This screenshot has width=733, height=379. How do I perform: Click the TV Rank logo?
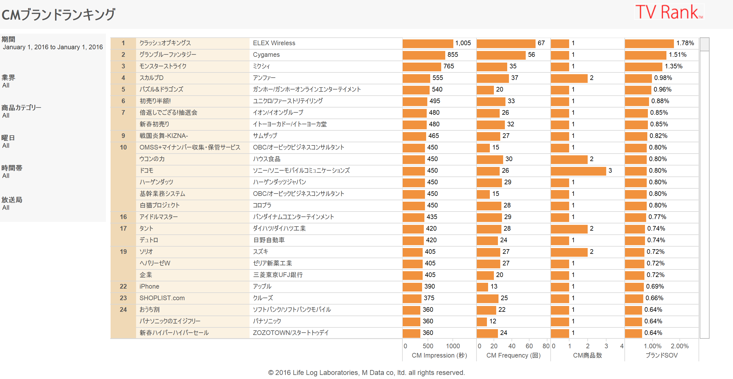point(669,12)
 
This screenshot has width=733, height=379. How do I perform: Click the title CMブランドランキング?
point(58,14)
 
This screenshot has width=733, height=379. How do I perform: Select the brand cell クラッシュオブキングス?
point(165,43)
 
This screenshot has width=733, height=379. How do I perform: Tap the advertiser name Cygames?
point(266,55)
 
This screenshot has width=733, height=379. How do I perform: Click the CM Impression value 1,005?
point(463,43)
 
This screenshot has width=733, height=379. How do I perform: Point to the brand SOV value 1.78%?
point(685,43)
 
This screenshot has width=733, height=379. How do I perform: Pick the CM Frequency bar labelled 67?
point(506,43)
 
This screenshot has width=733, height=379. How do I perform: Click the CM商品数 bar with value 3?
point(578,171)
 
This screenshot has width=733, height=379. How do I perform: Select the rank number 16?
point(123,217)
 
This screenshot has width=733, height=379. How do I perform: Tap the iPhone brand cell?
point(149,287)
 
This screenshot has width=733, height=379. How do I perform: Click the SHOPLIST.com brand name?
point(162,298)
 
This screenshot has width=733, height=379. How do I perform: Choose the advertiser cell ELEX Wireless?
point(274,43)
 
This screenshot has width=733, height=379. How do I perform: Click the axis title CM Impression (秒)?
point(439,356)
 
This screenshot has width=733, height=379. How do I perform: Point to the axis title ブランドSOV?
point(661,356)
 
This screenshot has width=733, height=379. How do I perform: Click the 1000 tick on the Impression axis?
point(453,346)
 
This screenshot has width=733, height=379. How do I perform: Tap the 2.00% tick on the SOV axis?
point(679,346)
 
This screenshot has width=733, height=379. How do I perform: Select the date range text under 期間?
point(53,47)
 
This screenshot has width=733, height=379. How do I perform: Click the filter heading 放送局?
point(12,200)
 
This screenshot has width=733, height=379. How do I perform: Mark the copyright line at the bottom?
point(366,373)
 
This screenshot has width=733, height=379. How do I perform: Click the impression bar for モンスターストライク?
point(422,67)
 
